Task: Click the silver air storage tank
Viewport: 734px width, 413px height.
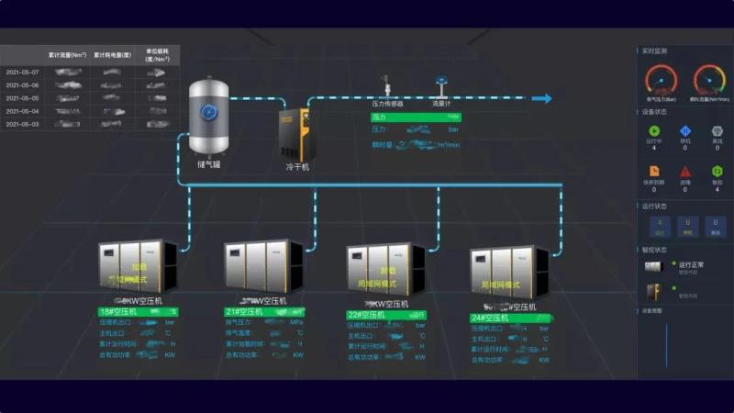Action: (x=208, y=117)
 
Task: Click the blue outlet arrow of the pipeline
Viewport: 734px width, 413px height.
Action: (x=542, y=98)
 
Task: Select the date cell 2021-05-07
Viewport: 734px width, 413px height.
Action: (x=22, y=72)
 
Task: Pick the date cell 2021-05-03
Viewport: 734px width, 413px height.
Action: (x=22, y=124)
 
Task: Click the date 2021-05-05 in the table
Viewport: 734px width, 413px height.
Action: (x=22, y=97)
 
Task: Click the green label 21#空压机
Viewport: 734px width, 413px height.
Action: (x=245, y=312)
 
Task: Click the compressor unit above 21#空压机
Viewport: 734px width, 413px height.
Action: (x=262, y=266)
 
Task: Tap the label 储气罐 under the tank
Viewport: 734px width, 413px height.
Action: (x=208, y=165)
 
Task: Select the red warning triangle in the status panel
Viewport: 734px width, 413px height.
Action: (x=684, y=171)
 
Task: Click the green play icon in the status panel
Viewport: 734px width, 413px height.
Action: (x=653, y=131)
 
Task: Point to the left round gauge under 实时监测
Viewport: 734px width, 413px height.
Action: (x=661, y=80)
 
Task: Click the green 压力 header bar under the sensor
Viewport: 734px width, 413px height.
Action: (x=416, y=117)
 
